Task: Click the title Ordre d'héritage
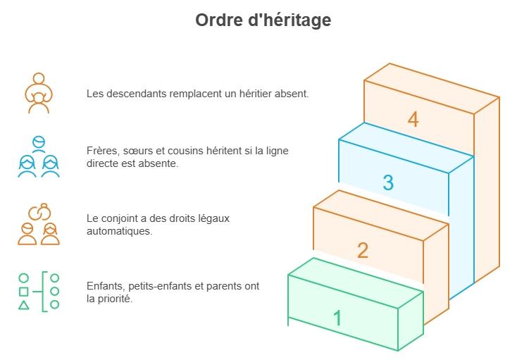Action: [263, 20]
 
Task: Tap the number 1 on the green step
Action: [337, 318]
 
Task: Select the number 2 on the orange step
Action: [362, 250]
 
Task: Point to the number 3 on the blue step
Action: [387, 182]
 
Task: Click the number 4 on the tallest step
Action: [413, 120]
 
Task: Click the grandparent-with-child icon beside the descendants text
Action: [39, 93]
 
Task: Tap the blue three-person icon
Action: [39, 157]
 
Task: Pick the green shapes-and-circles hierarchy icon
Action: [39, 291]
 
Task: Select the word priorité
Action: [116, 298]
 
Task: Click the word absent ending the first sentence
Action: [292, 93]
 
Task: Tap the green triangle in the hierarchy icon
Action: [24, 305]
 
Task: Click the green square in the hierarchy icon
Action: [24, 291]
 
